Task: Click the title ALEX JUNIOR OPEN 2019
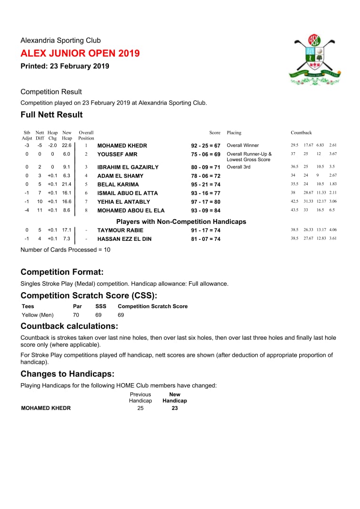pyautogui.click(x=80, y=53)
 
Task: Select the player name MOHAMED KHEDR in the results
pyautogui.click(x=122, y=146)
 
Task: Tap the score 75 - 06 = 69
pyautogui.click(x=205, y=155)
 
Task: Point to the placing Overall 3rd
pyautogui.click(x=238, y=167)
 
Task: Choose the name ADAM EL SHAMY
pyautogui.click(x=120, y=176)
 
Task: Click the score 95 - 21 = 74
pyautogui.click(x=205, y=185)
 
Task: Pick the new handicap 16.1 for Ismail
pyautogui.click(x=66, y=193)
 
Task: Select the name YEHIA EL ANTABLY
pyautogui.click(x=123, y=202)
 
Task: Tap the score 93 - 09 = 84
pyautogui.click(x=205, y=211)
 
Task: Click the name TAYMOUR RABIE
pyautogui.click(x=120, y=230)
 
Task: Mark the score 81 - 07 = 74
pyautogui.click(x=205, y=239)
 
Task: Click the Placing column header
pyautogui.click(x=234, y=133)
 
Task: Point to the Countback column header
pyautogui.click(x=301, y=133)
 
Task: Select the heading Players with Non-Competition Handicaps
pyautogui.click(x=181, y=222)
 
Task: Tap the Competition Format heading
pyautogui.click(x=62, y=272)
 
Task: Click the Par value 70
pyautogui.click(x=76, y=315)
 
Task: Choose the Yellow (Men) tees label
pyautogui.click(x=38, y=315)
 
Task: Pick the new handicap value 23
pyautogui.click(x=175, y=408)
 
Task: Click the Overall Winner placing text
pyautogui.click(x=243, y=146)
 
